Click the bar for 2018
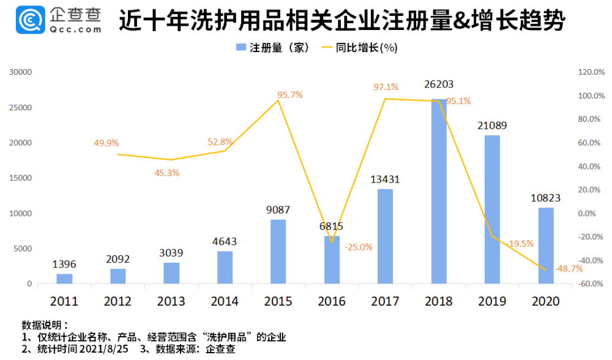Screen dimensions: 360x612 click(439, 191)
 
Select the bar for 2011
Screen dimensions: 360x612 click(64, 279)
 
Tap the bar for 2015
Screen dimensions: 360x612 click(278, 251)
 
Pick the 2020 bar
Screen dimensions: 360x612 click(546, 246)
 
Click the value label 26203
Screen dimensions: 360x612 click(438, 84)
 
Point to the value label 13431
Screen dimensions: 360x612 click(385, 179)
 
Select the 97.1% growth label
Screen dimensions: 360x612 click(386, 87)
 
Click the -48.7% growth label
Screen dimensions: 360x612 click(568, 268)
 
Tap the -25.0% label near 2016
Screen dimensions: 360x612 click(359, 247)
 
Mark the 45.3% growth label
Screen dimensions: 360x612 click(166, 173)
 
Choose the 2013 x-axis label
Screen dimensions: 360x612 click(171, 301)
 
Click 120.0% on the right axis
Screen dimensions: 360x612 click(591, 72)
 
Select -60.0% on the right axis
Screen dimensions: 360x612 click(591, 284)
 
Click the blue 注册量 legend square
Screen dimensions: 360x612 click(241, 48)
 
